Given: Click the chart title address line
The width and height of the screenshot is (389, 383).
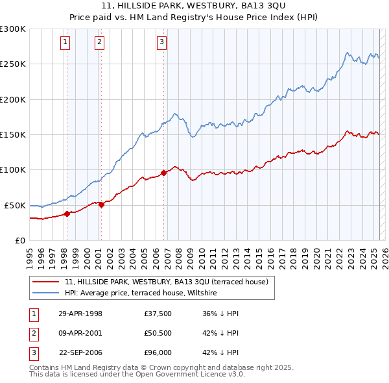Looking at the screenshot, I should [194, 6].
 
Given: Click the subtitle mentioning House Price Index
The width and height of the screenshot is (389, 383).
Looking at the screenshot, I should [194, 18].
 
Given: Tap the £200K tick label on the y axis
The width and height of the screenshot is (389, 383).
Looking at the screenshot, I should [13, 99].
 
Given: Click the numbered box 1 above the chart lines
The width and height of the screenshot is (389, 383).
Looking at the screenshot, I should [66, 43].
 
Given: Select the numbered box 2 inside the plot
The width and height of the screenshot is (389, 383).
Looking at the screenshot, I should [99, 43].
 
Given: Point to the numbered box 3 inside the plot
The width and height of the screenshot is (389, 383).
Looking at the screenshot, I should [161, 43].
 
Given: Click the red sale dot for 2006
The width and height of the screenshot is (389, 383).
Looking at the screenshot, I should [164, 173].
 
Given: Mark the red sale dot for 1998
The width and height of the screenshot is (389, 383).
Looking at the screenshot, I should [67, 214].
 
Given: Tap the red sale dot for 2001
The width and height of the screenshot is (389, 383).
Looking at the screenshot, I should [101, 204].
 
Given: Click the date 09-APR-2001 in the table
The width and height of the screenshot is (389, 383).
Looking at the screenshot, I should [80, 334].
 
